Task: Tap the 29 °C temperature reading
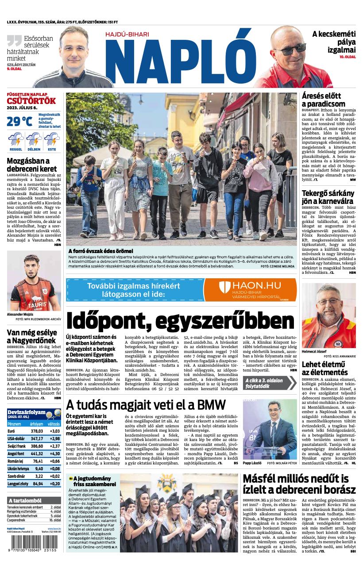point(19,121)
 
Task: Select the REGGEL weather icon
point(15,140)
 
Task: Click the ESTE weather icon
point(52,140)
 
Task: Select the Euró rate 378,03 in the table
point(37,431)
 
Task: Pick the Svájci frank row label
point(16,447)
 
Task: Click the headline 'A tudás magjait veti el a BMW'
point(146,404)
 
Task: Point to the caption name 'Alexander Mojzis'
point(20,314)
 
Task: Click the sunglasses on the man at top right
point(290,49)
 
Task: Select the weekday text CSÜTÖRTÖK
point(31,100)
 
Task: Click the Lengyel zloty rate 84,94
point(38,484)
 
